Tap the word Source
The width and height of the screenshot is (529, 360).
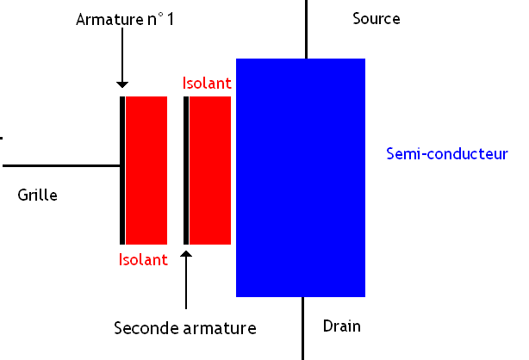(377, 18)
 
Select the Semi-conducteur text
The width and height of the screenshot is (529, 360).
(448, 154)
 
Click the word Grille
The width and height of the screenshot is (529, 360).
(37, 196)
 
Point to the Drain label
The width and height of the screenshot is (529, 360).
(341, 326)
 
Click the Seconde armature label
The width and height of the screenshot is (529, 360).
(185, 328)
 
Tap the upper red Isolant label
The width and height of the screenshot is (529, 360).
(208, 83)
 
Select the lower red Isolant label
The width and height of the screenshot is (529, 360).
(143, 259)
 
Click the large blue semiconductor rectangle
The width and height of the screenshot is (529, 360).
(301, 177)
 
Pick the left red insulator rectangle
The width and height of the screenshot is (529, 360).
(146, 170)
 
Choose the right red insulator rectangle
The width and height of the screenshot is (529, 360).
(210, 170)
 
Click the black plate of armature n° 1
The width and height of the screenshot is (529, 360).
(122, 170)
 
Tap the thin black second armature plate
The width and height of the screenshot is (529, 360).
(186, 170)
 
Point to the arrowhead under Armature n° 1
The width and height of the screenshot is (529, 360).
(122, 84)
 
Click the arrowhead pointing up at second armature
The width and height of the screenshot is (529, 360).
(186, 255)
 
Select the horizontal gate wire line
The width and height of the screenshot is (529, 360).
(60, 165)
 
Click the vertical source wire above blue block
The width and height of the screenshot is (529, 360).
(307, 28)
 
